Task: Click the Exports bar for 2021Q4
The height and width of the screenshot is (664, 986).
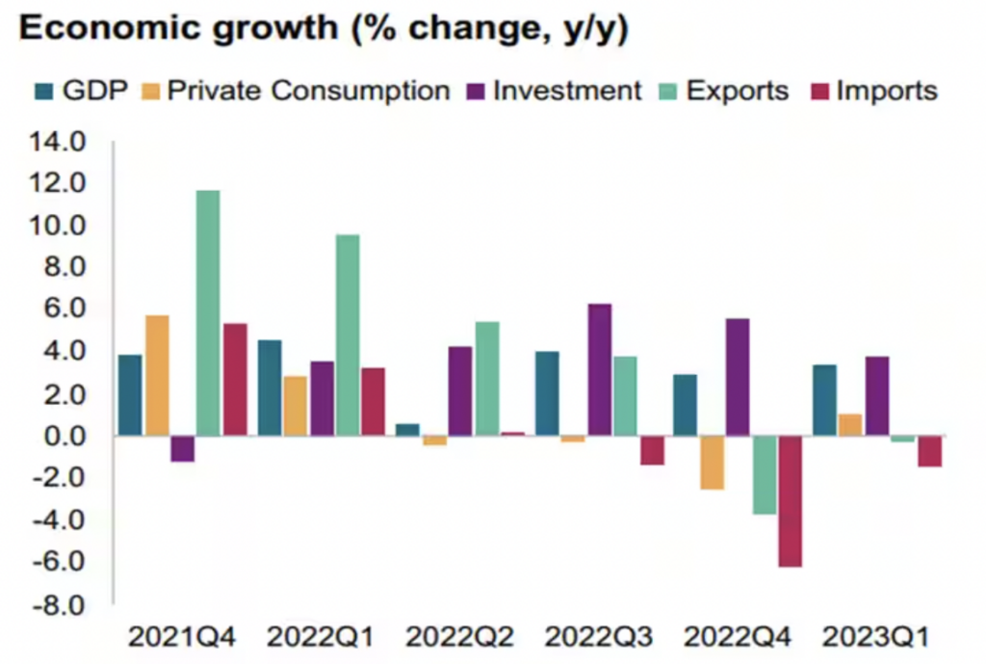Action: [208, 313]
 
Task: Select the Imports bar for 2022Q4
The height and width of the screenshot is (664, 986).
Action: [791, 501]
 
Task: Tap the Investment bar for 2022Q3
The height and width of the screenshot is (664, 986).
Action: [599, 370]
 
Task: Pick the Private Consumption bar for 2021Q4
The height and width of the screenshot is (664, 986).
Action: [157, 376]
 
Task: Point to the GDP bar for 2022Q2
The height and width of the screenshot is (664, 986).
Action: [407, 430]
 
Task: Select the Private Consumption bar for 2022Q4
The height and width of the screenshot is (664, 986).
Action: [713, 463]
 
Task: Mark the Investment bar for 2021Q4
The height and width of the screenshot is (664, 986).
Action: [183, 449]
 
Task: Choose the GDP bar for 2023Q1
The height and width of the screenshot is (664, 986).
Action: [825, 400]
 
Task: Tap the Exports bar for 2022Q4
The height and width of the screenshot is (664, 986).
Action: [765, 475]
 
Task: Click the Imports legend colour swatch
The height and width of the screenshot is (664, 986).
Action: [820, 92]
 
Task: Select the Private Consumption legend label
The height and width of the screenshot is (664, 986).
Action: [308, 92]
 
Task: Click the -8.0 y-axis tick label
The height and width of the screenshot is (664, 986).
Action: [60, 604]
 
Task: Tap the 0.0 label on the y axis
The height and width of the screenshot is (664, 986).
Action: [65, 437]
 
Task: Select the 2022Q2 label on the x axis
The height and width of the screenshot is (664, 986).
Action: [460, 637]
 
